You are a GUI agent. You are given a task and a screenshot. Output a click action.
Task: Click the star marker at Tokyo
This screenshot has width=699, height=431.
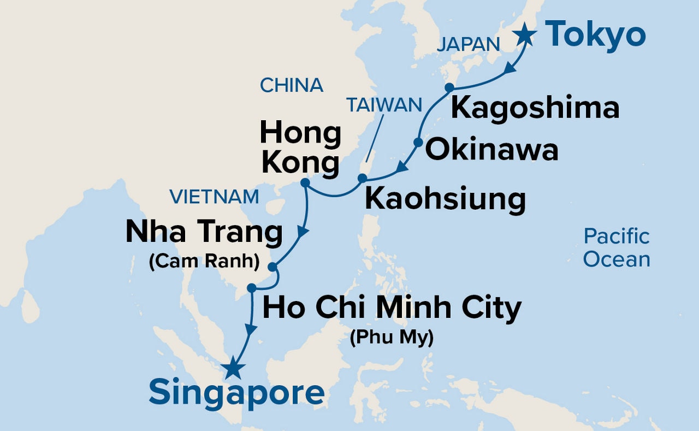pos(525,34)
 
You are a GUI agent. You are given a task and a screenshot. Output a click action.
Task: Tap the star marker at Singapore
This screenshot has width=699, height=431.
pos(233,368)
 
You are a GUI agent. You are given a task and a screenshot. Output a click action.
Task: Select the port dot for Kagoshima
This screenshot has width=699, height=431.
pos(449,87)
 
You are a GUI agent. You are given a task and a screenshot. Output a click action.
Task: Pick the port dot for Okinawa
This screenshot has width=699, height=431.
pos(418,143)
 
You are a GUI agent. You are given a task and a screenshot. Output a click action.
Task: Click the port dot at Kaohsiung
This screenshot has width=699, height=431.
pos(362,178)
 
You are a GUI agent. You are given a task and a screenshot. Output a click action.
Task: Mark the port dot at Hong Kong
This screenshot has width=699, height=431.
pos(305,182)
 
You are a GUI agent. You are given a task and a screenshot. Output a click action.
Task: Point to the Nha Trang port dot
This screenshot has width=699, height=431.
pos(273,267)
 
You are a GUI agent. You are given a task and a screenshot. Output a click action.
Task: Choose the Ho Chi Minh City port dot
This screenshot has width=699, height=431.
pos(251,288)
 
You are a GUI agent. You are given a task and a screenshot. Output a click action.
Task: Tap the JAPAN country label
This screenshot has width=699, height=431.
pos(468,45)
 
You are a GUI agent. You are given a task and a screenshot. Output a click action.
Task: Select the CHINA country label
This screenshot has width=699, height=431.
pos(292,85)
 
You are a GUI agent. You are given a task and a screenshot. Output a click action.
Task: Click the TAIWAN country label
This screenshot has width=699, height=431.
pos(385,105)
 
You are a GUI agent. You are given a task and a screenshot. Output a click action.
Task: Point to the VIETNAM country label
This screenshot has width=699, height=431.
pos(214,197)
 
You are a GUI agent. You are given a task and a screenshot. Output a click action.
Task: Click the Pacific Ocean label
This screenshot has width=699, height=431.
pos(617,247)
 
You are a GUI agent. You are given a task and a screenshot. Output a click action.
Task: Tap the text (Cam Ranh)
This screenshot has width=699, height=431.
pos(204,262)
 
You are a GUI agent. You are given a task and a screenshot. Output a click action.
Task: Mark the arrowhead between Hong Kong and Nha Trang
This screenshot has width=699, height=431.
pos(303,232)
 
